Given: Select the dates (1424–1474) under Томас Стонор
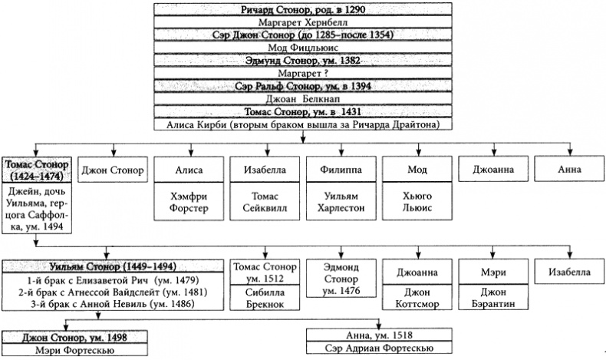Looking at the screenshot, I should click(x=37, y=177).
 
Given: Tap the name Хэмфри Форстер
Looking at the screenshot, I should click(x=189, y=201).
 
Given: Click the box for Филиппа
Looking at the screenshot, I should click(x=338, y=169).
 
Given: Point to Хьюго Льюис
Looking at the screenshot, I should click(x=414, y=201).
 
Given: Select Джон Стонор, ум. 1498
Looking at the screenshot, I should click(x=85, y=335).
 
